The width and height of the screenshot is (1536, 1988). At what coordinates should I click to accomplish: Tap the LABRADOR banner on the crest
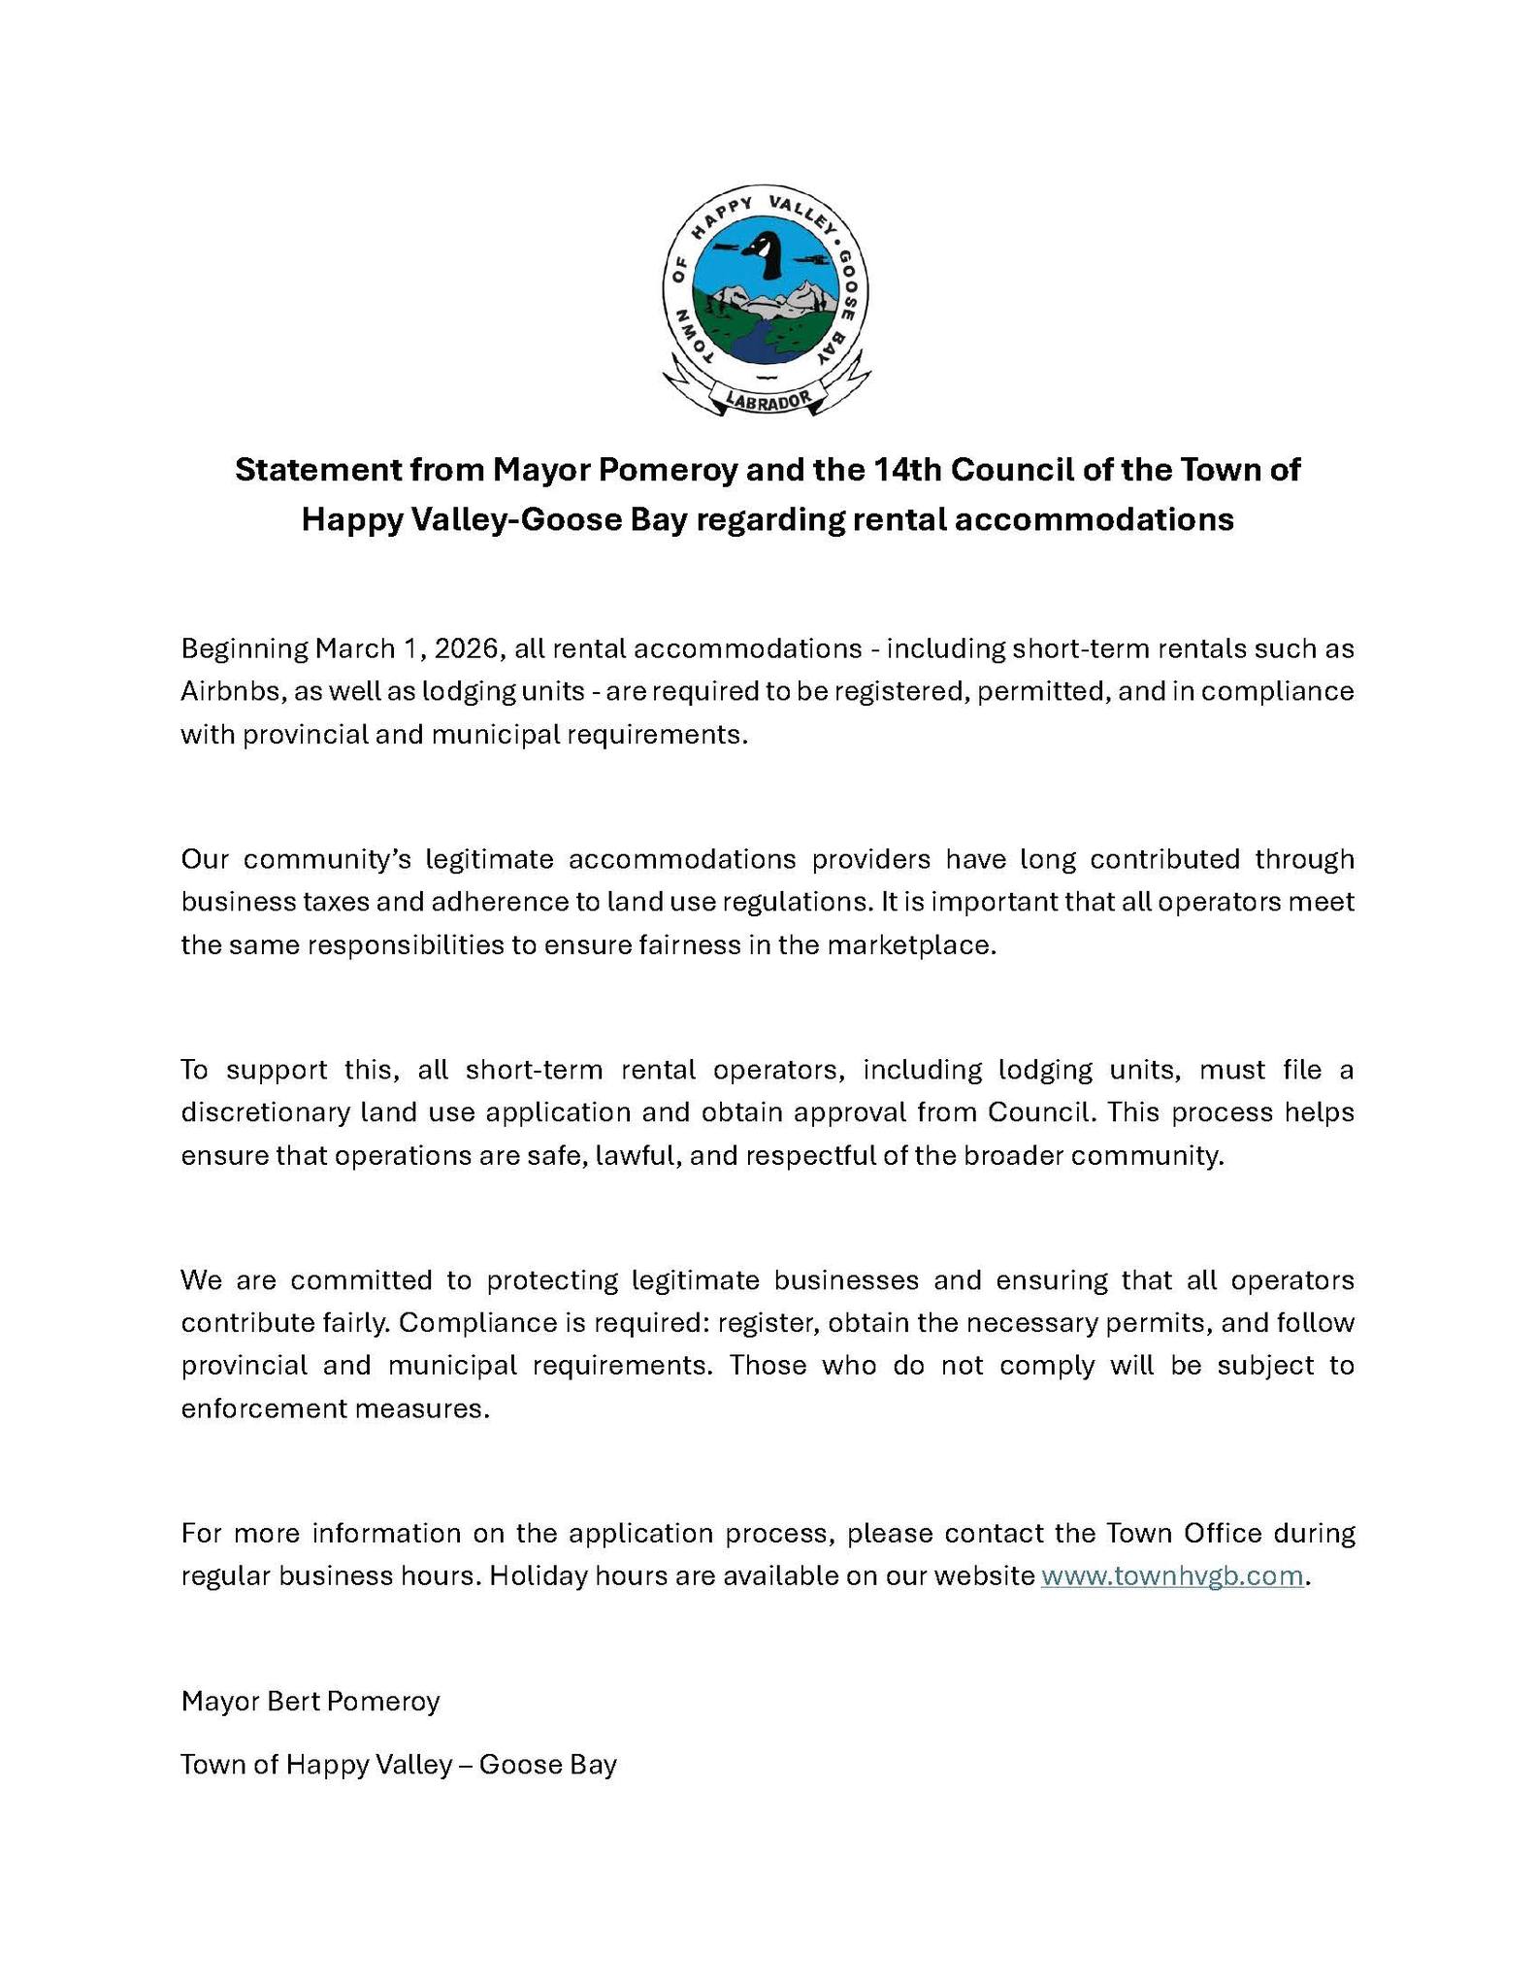(x=767, y=399)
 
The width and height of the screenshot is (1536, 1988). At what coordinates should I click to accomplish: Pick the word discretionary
(x=264, y=1112)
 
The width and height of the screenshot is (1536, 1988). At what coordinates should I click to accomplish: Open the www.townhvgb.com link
(x=1171, y=1576)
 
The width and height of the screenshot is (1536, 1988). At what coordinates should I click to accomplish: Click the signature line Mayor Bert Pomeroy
(x=310, y=1701)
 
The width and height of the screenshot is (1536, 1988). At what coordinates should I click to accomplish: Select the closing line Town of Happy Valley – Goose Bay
(x=399, y=1764)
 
